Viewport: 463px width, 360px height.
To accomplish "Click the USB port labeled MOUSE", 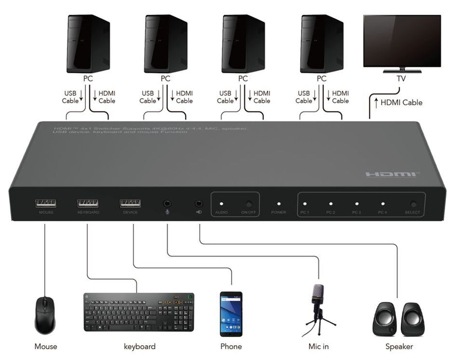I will (x=46, y=203).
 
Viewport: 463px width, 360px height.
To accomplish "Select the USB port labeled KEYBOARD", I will (x=88, y=203).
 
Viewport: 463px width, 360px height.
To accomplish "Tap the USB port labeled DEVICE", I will (x=130, y=203).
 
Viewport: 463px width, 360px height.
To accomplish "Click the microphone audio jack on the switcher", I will (x=167, y=204).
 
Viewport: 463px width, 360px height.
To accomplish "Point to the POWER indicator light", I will (x=278, y=204).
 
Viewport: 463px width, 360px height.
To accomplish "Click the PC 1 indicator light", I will (x=305, y=204).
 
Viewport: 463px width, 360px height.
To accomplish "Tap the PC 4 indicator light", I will (x=382, y=204).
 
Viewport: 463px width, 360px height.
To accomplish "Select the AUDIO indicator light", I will (x=222, y=204).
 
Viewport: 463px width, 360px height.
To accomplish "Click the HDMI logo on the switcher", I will (x=392, y=174).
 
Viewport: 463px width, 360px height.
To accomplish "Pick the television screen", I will (x=402, y=41).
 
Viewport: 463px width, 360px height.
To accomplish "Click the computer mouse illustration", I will (x=45, y=315).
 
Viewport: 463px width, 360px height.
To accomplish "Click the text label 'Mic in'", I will (x=318, y=347).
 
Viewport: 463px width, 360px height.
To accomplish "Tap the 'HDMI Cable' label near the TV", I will (x=401, y=102).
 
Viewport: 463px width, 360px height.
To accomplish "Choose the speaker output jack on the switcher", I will (x=199, y=204).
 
